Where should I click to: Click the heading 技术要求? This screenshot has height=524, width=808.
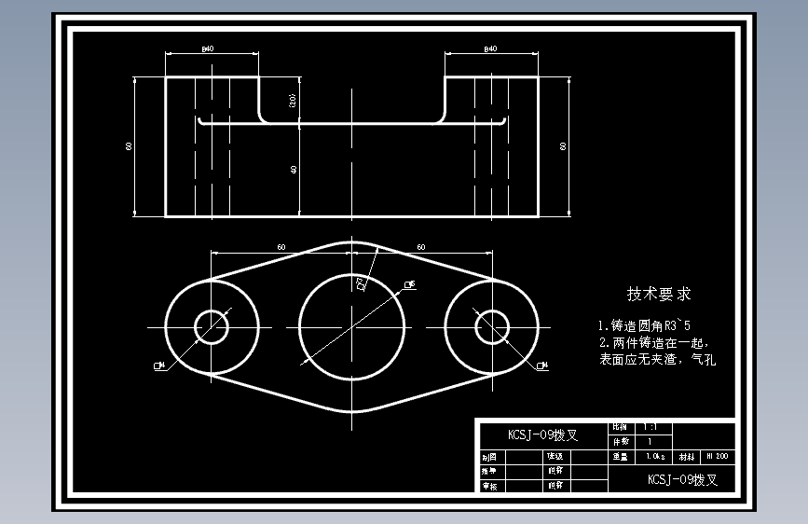pyautogui.click(x=659, y=295)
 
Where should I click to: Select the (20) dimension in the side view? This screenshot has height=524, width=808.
pyautogui.click(x=294, y=101)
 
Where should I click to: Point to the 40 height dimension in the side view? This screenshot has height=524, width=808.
pyautogui.click(x=294, y=170)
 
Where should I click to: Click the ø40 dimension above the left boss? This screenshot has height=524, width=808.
pyautogui.click(x=207, y=48)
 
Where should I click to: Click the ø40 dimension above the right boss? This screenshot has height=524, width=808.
pyautogui.click(x=490, y=48)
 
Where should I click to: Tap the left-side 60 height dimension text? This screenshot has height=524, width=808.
pyautogui.click(x=130, y=146)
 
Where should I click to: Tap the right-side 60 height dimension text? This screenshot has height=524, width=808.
pyautogui.click(x=562, y=146)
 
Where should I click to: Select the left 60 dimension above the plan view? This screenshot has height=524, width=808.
pyautogui.click(x=281, y=247)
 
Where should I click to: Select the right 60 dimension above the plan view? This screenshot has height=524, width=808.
pyautogui.click(x=421, y=247)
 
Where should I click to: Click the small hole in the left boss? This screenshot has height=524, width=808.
pyautogui.click(x=212, y=326)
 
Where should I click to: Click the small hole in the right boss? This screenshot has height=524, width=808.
pyautogui.click(x=491, y=326)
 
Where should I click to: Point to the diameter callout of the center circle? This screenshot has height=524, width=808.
pyautogui.click(x=409, y=283)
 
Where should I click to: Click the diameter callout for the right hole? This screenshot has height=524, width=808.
pyautogui.click(x=543, y=365)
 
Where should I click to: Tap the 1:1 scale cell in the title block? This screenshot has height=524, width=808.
pyautogui.click(x=650, y=427)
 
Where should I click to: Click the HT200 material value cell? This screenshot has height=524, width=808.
pyautogui.click(x=717, y=457)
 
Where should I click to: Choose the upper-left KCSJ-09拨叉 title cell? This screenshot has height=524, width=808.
pyautogui.click(x=541, y=434)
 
